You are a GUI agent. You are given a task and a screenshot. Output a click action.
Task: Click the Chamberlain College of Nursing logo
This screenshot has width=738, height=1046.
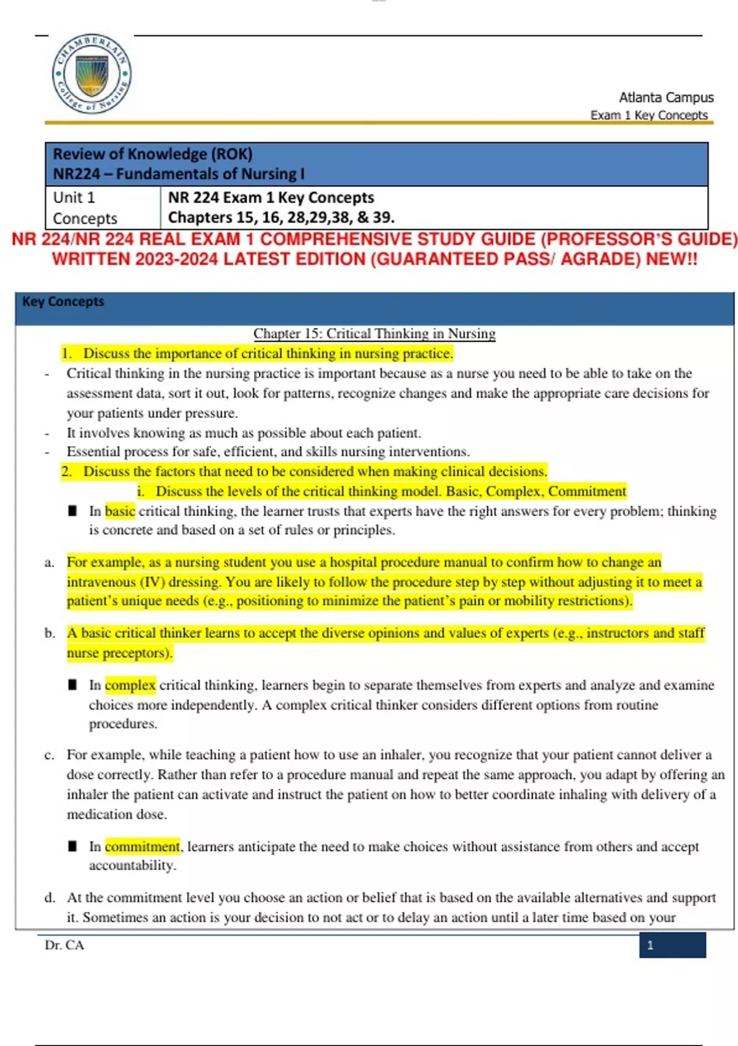pos(91,74)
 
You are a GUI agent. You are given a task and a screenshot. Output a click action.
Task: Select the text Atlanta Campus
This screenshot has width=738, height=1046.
pos(666,97)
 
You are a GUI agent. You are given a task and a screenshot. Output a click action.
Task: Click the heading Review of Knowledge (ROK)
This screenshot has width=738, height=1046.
pos(153,154)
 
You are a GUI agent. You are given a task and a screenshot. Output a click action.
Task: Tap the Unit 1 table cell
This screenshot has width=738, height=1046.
pos(74,198)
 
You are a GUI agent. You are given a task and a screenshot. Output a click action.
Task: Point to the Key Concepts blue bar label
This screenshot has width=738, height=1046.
pos(63,301)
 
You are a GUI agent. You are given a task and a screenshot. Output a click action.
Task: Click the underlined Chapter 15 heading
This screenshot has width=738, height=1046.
pos(374,333)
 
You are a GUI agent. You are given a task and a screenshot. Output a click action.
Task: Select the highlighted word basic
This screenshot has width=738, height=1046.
pos(120,511)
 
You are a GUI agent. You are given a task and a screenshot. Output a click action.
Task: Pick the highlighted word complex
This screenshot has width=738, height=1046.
pos(130,685)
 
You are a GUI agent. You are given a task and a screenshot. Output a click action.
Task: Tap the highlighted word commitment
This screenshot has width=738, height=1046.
pos(143,847)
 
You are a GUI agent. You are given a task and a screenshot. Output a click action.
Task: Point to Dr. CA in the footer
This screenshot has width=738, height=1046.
pos(64,945)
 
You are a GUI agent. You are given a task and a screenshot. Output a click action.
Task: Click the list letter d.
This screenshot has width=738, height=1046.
pos(49,898)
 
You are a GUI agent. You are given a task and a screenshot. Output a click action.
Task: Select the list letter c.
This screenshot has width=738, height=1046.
pos(49,755)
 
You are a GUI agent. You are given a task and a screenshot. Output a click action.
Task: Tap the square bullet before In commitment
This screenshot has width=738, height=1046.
pos(73,847)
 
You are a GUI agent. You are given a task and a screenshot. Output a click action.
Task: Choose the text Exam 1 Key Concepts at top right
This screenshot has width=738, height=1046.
pos(648,115)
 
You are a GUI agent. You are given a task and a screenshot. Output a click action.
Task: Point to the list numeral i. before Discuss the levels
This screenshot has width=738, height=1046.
pos(141,492)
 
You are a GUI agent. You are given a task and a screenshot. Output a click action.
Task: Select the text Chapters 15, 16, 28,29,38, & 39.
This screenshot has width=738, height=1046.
pos(281,218)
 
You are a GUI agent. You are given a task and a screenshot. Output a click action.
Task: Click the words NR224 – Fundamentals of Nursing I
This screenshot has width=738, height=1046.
pos(178,174)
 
